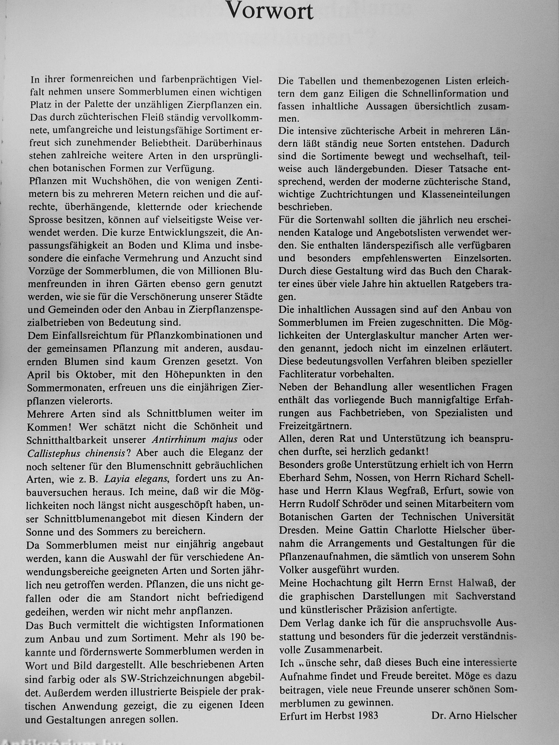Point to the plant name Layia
116,479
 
